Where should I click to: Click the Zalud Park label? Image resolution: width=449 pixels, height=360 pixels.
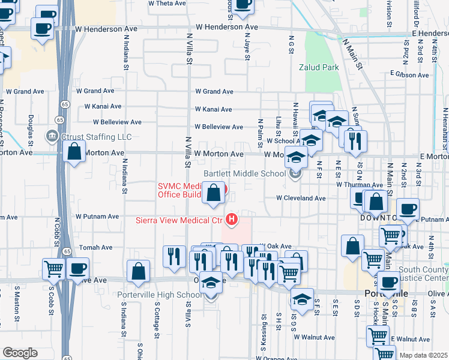pos(319,67)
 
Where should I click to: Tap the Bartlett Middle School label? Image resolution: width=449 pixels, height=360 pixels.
pos(244,173)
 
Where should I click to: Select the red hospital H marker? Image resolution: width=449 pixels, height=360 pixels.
pos(229,219)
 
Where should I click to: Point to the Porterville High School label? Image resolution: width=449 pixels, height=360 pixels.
pos(162,295)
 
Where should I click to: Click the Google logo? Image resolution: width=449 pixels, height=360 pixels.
pos(20,352)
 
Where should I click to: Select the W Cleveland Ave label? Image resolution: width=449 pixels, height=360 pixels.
pos(301,198)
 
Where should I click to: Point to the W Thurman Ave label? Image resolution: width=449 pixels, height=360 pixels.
pos(360,185)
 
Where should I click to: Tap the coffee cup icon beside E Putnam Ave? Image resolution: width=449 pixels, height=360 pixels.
pos(408,209)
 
